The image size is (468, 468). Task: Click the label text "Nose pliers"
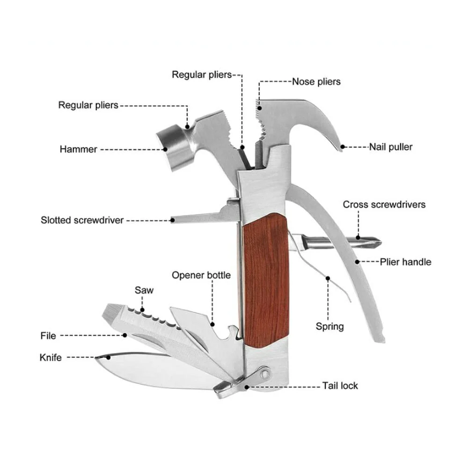(316, 81)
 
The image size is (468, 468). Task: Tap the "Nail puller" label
(391, 147)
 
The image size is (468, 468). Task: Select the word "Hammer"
(78, 149)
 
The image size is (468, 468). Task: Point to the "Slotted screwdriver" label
(82, 220)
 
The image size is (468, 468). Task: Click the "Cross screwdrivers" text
(384, 205)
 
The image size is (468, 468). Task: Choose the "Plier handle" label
(406, 262)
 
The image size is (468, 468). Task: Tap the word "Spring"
(330, 327)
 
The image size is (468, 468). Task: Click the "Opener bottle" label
(201, 275)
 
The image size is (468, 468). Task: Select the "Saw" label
(144, 290)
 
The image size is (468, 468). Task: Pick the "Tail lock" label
(340, 386)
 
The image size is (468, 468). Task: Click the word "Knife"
(51, 358)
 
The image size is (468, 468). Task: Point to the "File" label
(48, 336)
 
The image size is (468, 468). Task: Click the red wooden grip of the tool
(266, 280)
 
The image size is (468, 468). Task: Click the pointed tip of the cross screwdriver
(380, 242)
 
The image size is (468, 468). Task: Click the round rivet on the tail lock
(264, 373)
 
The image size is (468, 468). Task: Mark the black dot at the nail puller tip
(343, 147)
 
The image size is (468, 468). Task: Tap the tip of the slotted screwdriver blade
(172, 220)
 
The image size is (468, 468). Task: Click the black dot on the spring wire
(328, 278)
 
